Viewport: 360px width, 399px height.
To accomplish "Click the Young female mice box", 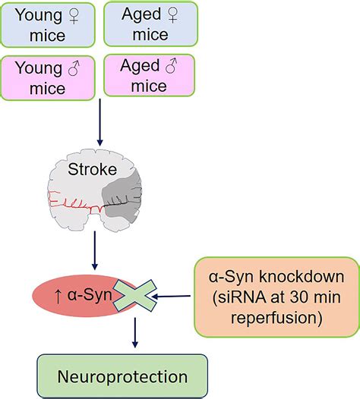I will click(48, 24).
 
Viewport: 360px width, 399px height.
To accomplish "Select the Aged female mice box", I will click(150, 24).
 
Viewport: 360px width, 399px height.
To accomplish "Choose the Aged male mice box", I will click(150, 76).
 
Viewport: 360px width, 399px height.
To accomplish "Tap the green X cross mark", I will click(134, 295).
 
